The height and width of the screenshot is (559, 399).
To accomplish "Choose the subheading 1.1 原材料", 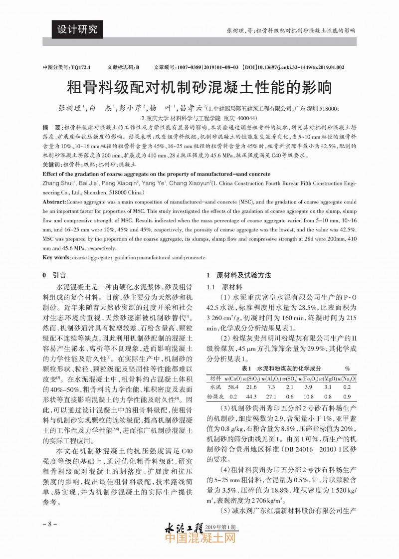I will tap(225, 287).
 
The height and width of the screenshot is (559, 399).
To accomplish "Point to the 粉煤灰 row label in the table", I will tap(215, 396).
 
